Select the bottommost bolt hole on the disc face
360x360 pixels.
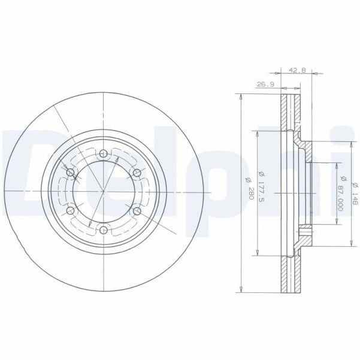(x=104, y=230)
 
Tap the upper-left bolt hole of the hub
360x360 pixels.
(x=71, y=173)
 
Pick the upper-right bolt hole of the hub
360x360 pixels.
(x=137, y=173)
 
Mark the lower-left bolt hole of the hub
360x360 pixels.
(x=71, y=211)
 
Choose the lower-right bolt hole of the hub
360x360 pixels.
(x=137, y=211)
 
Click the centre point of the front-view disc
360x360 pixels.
(x=104, y=192)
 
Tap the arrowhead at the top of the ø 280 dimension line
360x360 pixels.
(x=240, y=96)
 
